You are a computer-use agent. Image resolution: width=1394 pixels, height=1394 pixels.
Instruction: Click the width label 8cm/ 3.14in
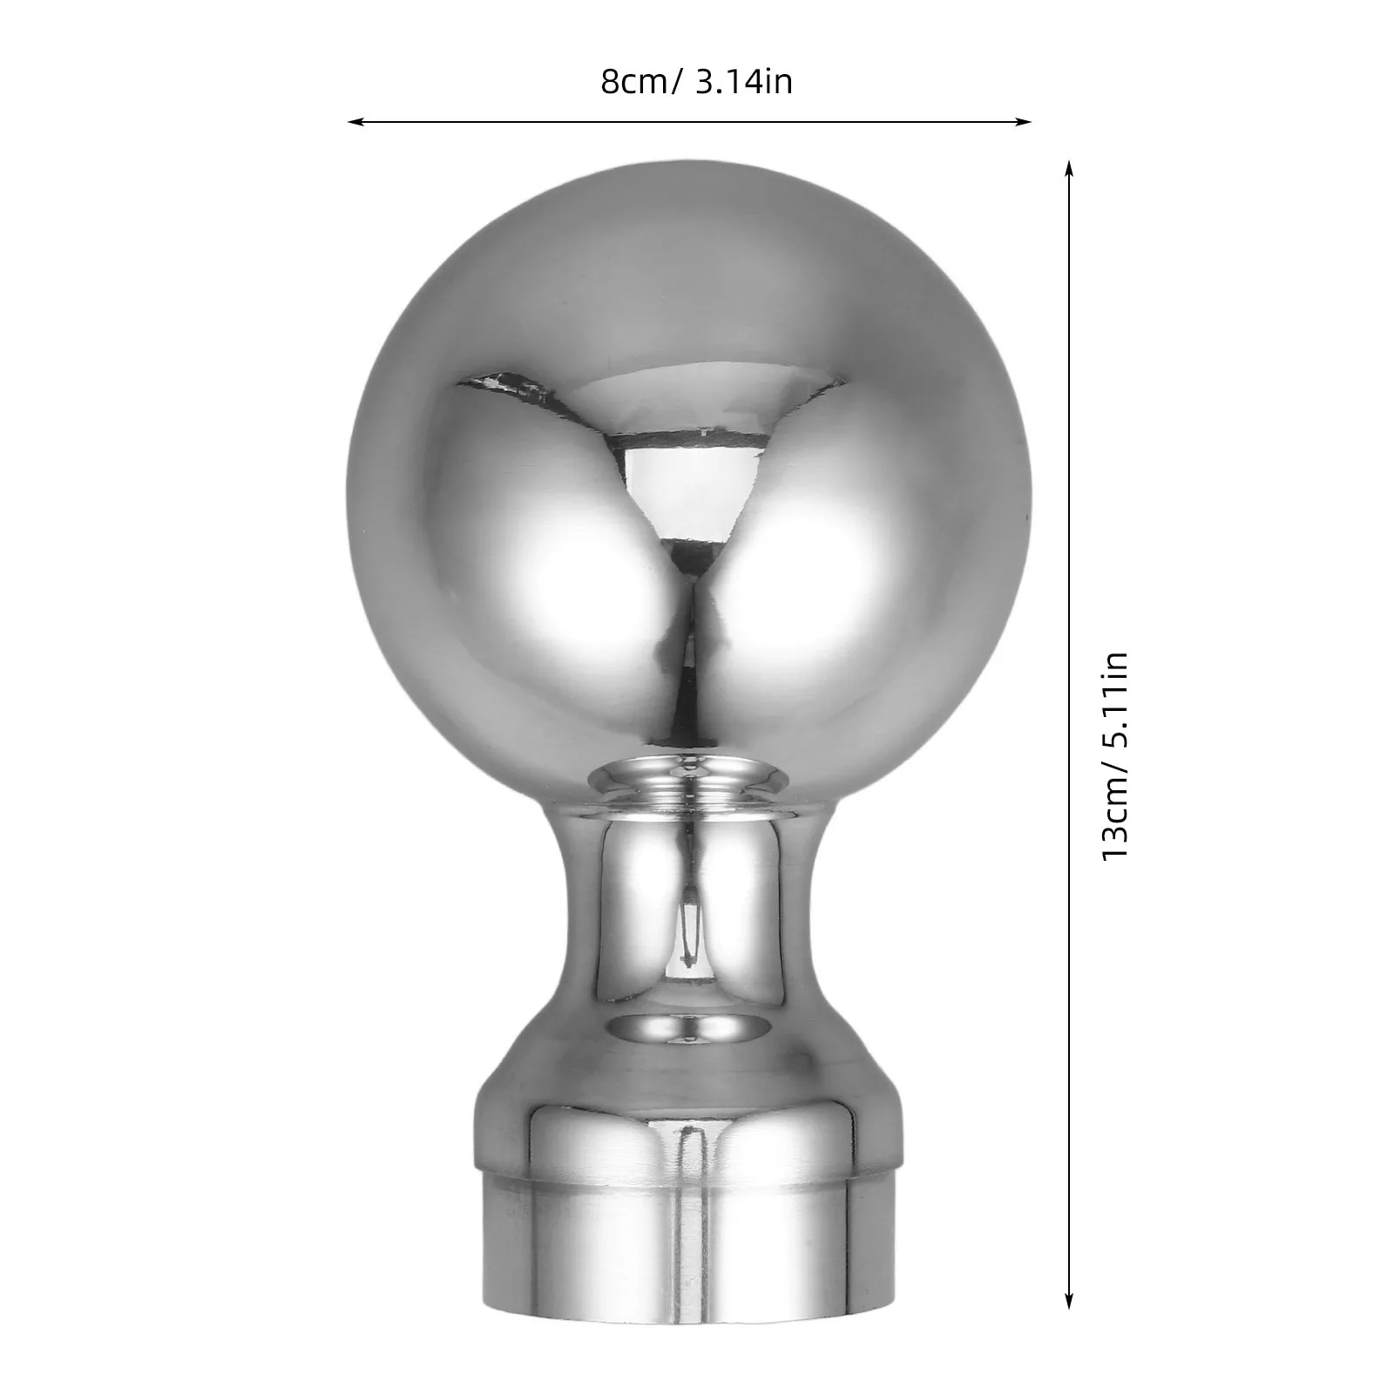696,83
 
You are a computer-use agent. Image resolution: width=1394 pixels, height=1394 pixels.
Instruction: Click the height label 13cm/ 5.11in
1116,756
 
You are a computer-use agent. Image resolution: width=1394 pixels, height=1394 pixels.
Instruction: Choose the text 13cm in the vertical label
1116,832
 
